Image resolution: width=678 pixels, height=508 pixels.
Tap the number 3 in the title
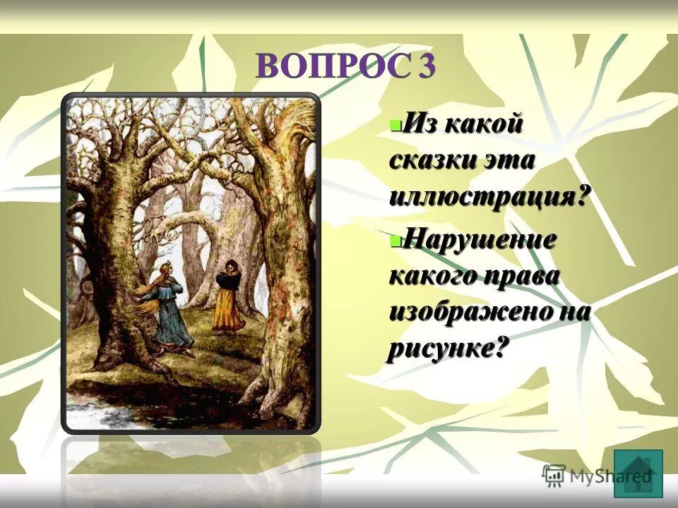point(426,66)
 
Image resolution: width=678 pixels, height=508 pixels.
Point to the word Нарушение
point(480,240)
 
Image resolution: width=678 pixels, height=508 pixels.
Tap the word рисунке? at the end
point(448,348)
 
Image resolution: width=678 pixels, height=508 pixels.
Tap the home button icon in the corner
point(638,473)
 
